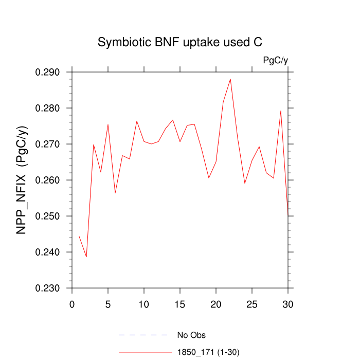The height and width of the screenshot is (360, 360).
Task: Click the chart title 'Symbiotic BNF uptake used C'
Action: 180,43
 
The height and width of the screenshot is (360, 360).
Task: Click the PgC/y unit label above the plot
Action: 275,61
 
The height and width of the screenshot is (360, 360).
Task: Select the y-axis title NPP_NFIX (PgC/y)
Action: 22,180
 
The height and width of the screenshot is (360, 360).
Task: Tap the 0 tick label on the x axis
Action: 72,304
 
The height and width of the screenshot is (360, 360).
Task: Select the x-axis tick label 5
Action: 108,304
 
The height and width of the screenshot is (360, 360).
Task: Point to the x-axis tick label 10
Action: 144,304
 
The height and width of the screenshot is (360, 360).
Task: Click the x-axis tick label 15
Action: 180,304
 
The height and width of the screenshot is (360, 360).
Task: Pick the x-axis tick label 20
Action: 216,304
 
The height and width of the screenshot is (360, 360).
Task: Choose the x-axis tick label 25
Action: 252,304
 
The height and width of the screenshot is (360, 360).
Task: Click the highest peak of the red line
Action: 230,79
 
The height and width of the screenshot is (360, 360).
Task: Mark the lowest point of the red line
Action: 86,257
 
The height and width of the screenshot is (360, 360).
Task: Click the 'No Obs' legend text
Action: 191,335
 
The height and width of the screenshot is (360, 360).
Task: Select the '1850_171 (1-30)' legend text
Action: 208,352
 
